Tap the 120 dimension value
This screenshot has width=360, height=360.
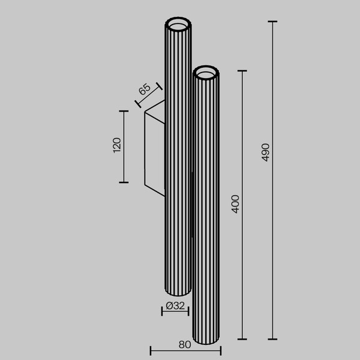point(117,146)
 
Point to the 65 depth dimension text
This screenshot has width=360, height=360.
point(145,91)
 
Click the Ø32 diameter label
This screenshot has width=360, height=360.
point(175,305)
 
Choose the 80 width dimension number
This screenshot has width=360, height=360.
point(185,345)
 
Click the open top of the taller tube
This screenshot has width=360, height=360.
point(178,25)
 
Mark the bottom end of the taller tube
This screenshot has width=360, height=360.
point(178,294)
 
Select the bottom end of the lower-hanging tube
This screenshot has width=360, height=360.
point(206,343)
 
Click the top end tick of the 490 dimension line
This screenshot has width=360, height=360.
point(272,22)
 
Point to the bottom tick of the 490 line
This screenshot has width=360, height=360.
point(272,339)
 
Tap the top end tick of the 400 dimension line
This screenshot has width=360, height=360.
point(242,71)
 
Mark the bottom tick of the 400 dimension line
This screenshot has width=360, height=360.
point(242,339)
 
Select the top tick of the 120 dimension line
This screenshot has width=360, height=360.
point(124,111)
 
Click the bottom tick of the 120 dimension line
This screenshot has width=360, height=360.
point(124,182)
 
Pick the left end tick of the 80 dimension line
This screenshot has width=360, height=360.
point(150,351)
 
